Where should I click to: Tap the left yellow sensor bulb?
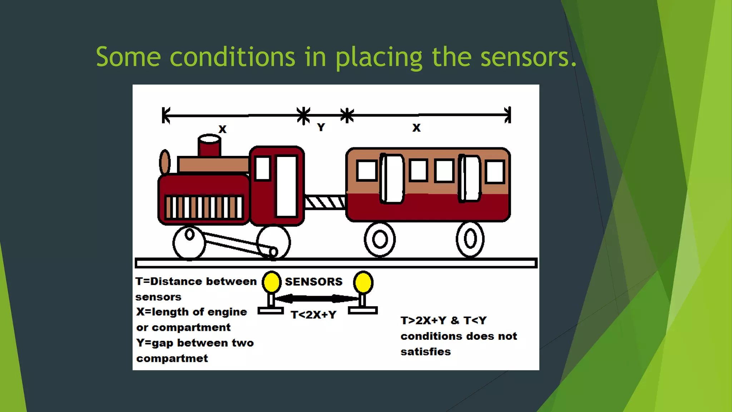pos(271,282)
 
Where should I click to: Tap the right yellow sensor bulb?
pos(363,282)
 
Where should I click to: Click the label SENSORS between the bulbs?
pos(313,282)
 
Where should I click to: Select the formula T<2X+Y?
pos(313,315)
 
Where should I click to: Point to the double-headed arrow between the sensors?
pos(316,298)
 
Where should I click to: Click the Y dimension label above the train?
pos(321,127)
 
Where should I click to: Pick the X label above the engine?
pos(222,129)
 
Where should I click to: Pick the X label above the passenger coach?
pos(416,128)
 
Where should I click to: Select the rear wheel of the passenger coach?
pos(470,239)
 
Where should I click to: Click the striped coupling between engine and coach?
pos(325,202)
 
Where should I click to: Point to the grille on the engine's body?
pos(204,207)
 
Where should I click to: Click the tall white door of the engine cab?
pos(286,186)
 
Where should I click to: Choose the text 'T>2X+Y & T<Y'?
pos(443,320)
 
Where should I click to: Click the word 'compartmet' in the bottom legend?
pos(172,358)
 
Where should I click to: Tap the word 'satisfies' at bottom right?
pos(425,352)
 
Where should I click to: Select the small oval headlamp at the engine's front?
pos(164,162)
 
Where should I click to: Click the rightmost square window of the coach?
pos(495,172)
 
